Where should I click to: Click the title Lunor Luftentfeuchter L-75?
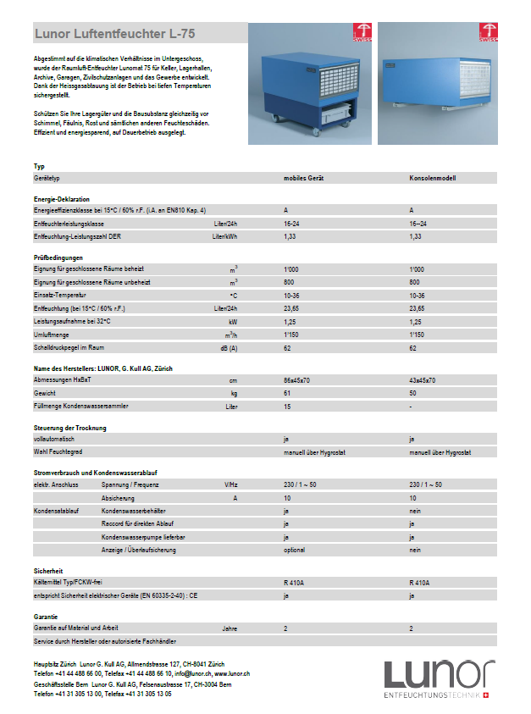coord(114,34)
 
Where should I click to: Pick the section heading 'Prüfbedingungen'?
coord(58,257)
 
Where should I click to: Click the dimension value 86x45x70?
coord(298,380)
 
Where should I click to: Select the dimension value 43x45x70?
coord(423,380)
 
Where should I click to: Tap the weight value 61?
coord(287,394)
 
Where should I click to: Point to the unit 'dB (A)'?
coord(229,348)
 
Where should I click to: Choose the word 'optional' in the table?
coord(295,551)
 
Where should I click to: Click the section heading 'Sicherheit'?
coord(48,571)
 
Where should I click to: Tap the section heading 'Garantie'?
coord(46,618)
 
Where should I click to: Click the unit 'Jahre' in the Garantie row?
coord(230,629)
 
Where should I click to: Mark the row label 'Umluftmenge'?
coord(52,335)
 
